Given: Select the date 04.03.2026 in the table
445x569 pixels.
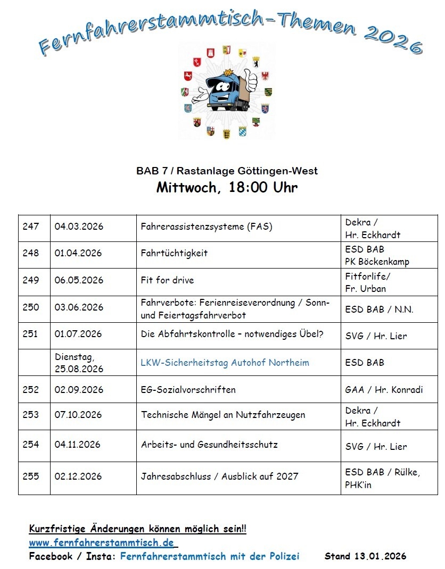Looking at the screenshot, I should point(79,227).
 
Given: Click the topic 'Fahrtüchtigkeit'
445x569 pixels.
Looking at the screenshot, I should point(174,253).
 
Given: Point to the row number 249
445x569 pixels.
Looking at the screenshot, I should point(31,280).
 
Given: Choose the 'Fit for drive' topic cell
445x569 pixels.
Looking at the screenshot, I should point(167,280).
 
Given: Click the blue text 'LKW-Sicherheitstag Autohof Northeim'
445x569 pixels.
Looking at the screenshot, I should point(225,363).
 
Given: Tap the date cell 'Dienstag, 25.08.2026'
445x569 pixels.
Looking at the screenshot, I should point(79,363).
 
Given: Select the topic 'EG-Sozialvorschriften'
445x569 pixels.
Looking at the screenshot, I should point(188,390).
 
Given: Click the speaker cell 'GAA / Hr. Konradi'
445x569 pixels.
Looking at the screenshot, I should point(384,390).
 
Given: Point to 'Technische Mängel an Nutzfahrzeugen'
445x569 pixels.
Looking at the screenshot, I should point(223,415).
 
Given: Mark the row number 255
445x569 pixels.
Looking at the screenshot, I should point(31,476).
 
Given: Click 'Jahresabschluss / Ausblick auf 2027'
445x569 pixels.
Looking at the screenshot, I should point(219,476).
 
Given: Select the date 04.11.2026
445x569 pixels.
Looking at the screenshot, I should point(77,444).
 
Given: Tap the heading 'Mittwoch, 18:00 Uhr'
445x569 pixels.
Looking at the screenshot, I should point(227,188).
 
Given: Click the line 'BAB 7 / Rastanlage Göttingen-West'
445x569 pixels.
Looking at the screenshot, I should point(227,171).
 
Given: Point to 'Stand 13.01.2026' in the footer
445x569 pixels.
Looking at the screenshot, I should point(365,556).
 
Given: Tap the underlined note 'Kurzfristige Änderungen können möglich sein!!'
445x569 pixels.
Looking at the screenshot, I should point(137,530).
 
